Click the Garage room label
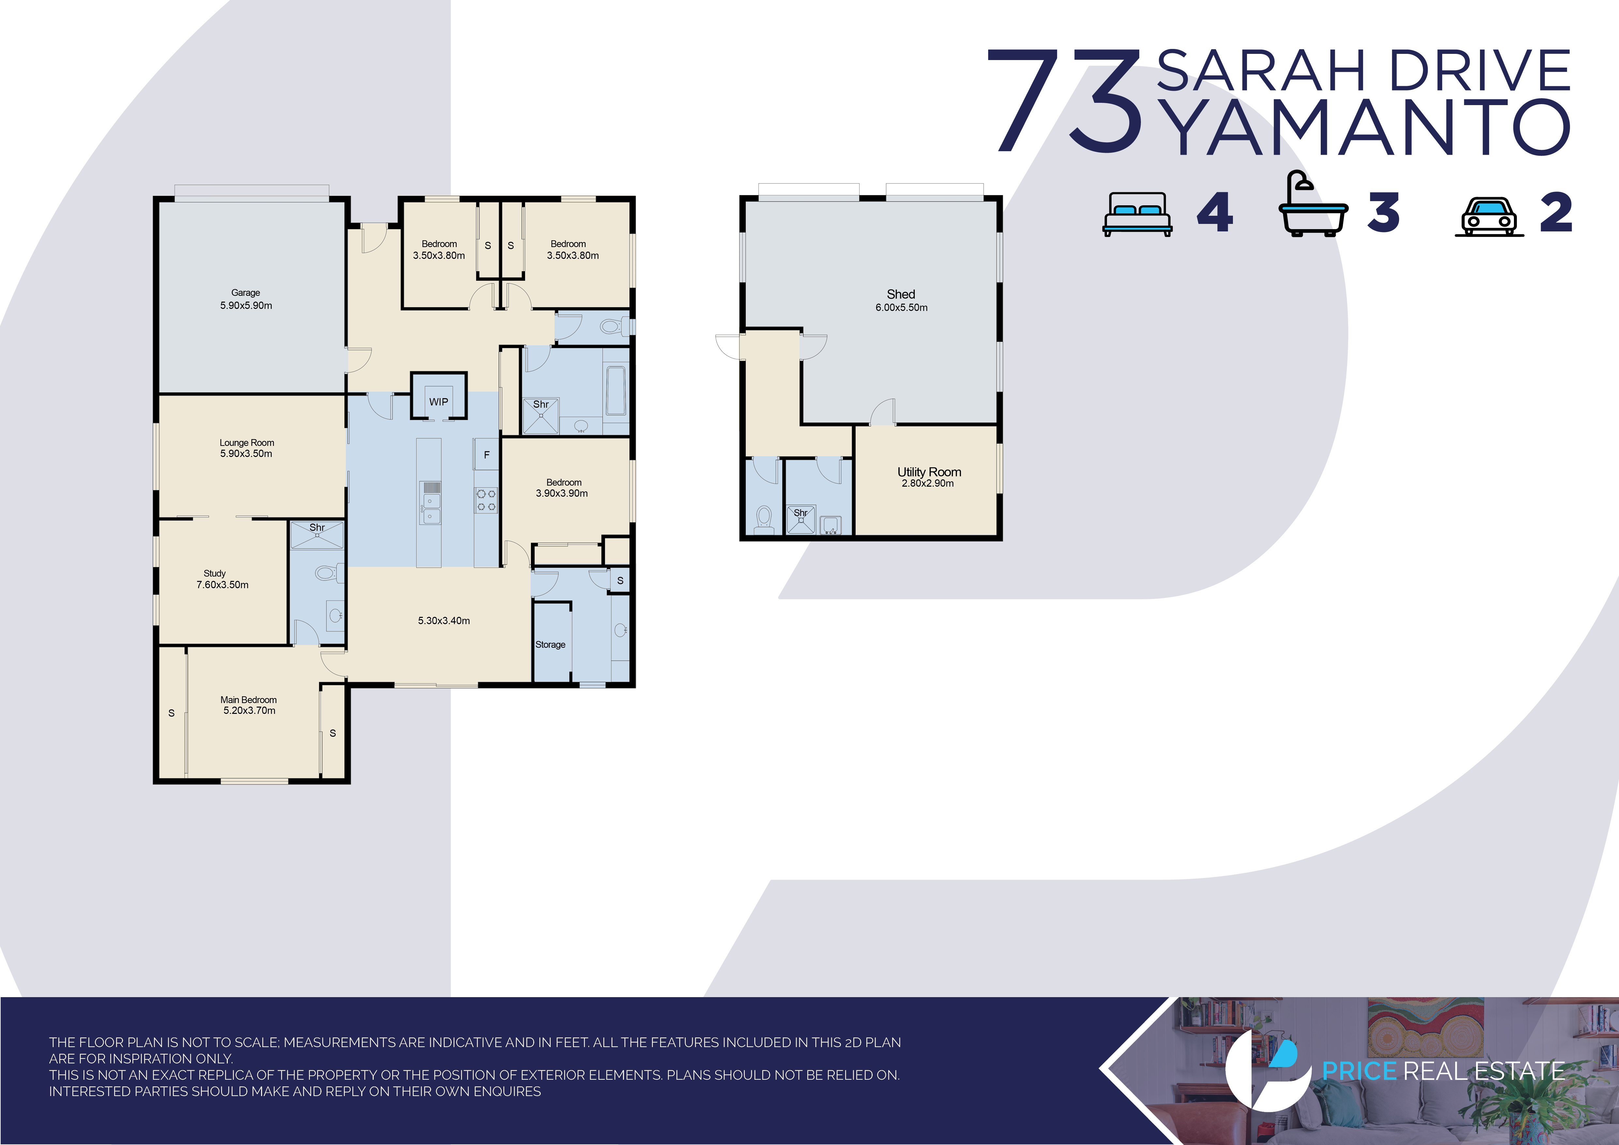click(245, 292)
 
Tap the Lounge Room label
click(247, 443)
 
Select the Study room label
click(214, 573)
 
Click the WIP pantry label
click(439, 402)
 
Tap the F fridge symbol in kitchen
click(487, 455)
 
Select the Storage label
click(550, 644)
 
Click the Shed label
click(901, 294)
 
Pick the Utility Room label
click(929, 472)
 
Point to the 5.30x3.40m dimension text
click(444, 620)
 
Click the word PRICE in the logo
click(1359, 1071)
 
